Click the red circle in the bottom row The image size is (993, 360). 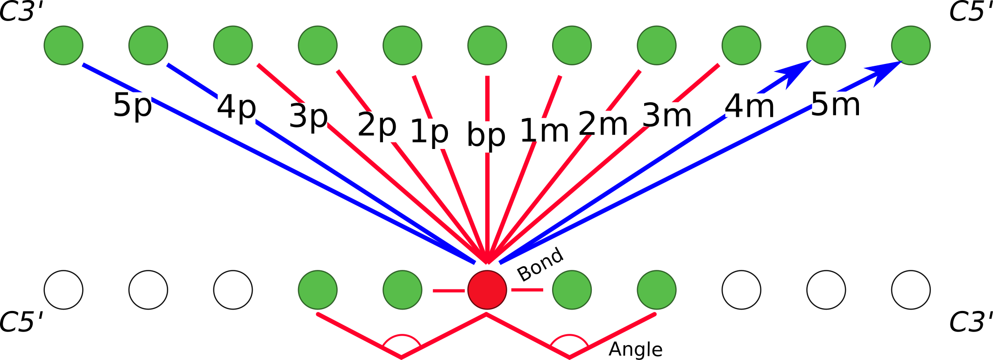click(x=487, y=289)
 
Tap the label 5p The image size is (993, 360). click(x=133, y=106)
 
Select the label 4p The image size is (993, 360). click(x=236, y=108)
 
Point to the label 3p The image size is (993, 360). click(x=308, y=116)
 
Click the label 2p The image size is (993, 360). click(x=377, y=126)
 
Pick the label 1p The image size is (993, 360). click(x=429, y=132)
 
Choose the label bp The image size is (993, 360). click(x=486, y=136)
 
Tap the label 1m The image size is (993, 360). click(x=544, y=131)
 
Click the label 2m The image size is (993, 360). click(x=603, y=124)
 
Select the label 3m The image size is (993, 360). click(x=667, y=115)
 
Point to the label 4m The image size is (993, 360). click(x=749, y=107)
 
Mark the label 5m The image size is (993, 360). click(x=835, y=105)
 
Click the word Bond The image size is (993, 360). click(x=540, y=264)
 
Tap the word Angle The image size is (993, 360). click(x=635, y=349)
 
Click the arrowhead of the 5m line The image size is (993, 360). click(x=885, y=71)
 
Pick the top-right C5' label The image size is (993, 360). click(x=971, y=11)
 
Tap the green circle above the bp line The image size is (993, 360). click(x=487, y=45)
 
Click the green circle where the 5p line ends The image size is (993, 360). click(x=64, y=45)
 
